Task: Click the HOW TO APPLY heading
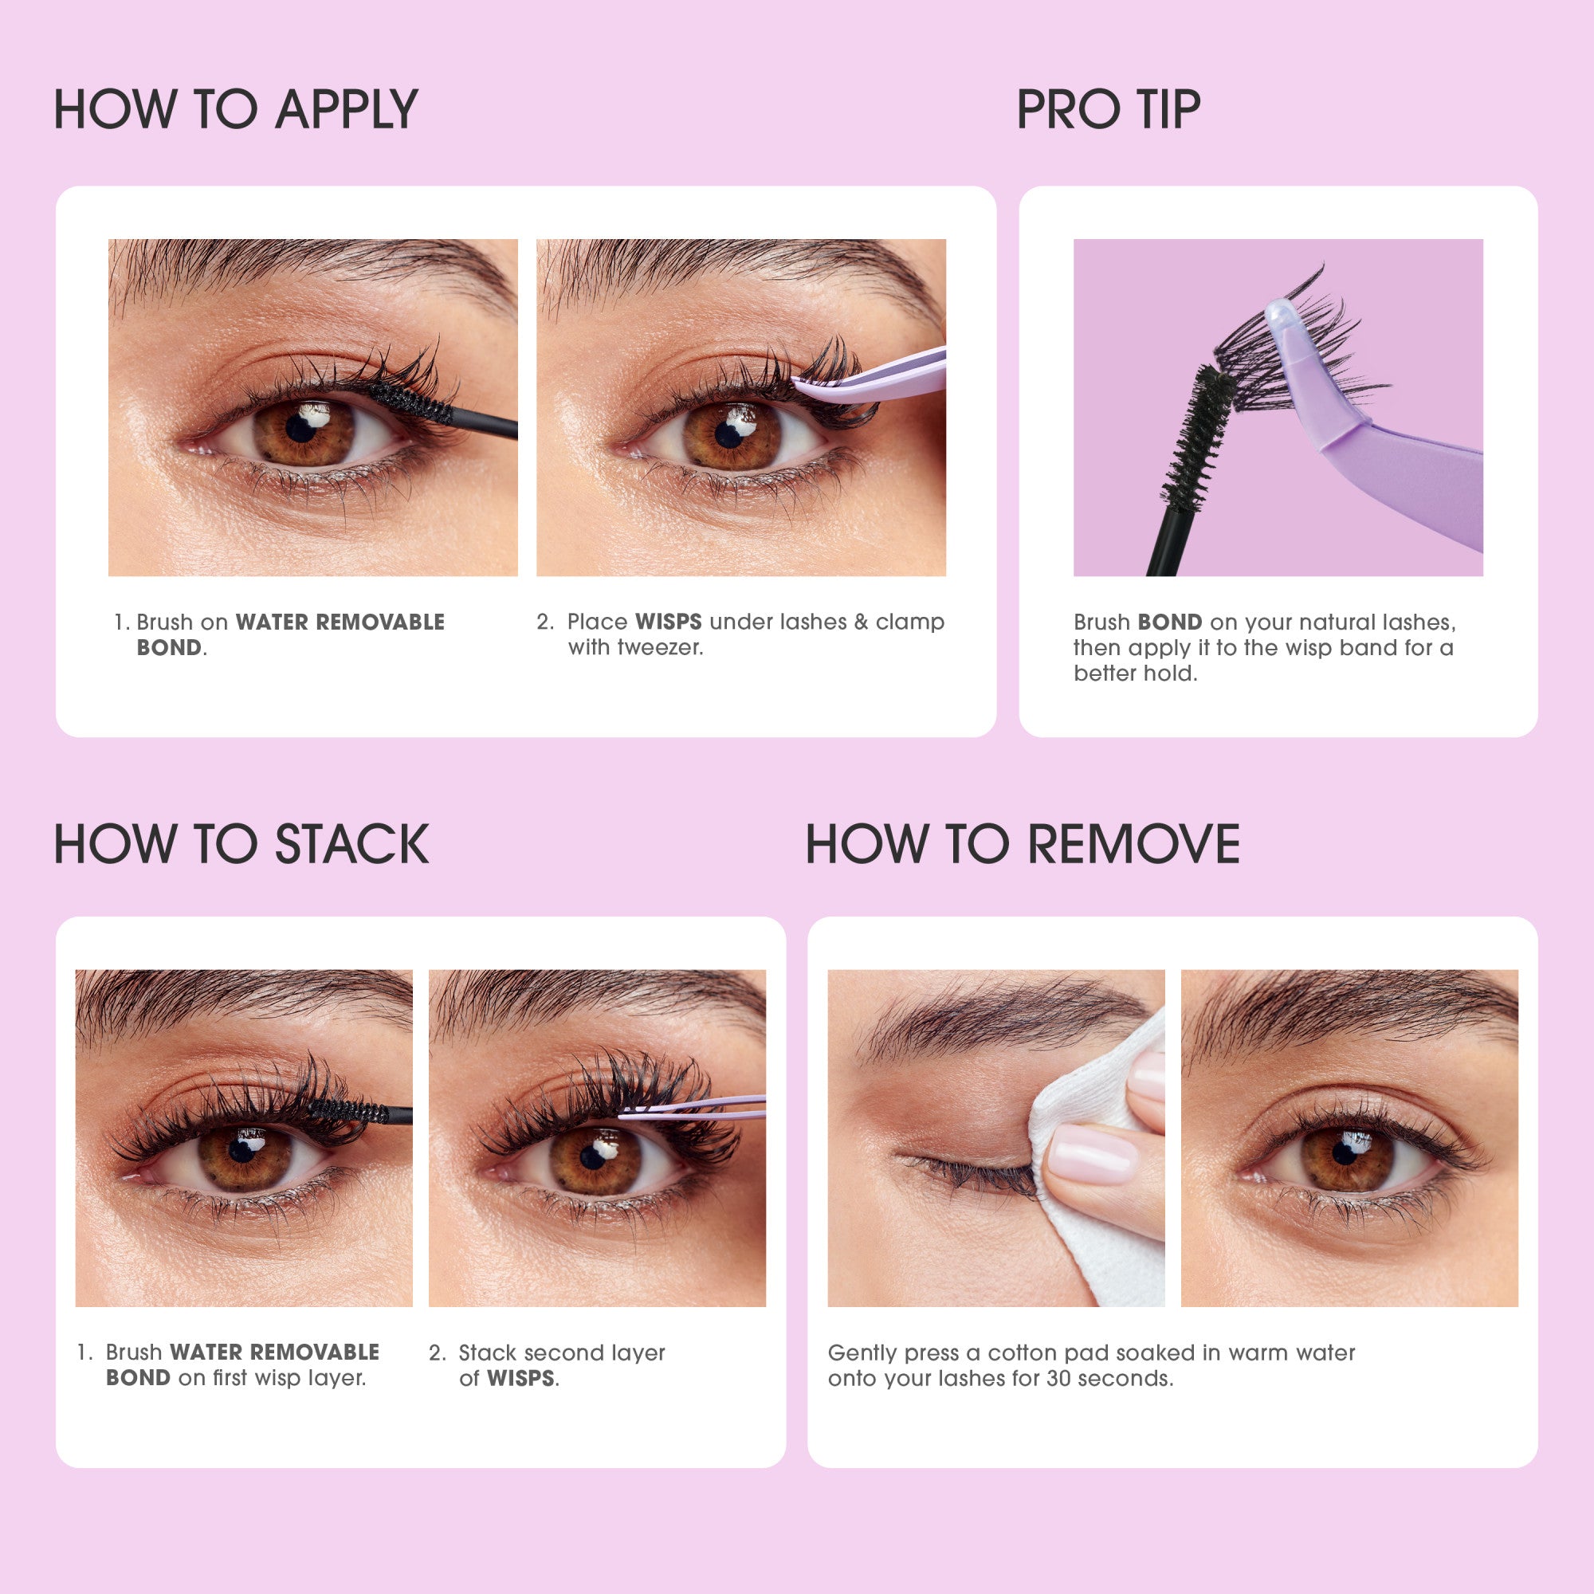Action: point(235,110)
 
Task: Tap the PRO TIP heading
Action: point(1107,110)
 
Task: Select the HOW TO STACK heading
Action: point(241,844)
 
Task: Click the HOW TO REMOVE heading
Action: point(1023,844)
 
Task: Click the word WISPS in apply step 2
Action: point(669,622)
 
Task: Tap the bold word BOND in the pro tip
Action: point(1169,622)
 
